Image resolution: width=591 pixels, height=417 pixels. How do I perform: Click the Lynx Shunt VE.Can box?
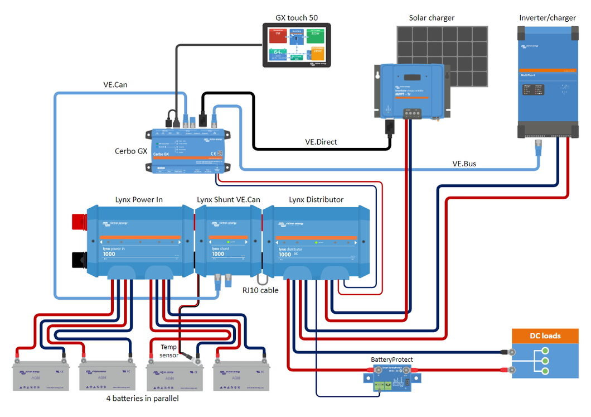point(228,240)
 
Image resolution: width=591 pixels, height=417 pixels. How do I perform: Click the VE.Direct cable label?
point(321,142)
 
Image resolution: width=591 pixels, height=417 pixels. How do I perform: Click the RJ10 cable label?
point(260,290)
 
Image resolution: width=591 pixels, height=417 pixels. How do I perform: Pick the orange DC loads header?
point(545,335)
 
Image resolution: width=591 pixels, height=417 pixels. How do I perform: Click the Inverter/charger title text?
point(547,18)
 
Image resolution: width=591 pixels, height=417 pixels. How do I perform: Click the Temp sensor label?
point(168,351)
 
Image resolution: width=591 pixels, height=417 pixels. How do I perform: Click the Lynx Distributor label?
point(316,199)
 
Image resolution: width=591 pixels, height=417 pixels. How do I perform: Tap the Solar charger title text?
point(432,18)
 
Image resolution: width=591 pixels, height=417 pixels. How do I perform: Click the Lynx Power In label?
point(139,199)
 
